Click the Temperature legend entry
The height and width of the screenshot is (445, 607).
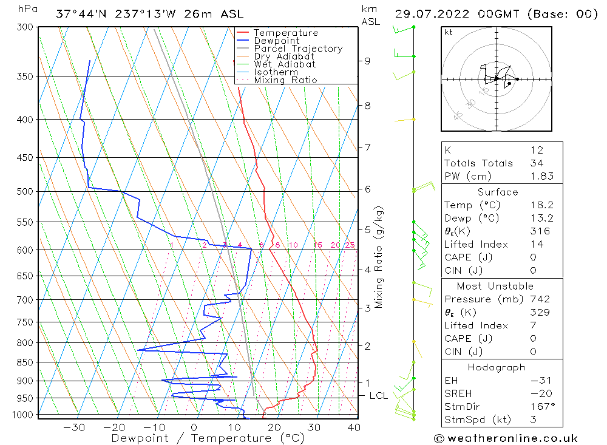[x=285, y=33]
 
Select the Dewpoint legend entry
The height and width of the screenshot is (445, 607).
[x=276, y=41]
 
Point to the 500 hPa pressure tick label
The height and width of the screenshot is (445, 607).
[x=25, y=192]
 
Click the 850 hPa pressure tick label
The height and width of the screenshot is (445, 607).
[x=25, y=362]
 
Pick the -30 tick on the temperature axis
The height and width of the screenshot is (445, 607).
[x=74, y=427]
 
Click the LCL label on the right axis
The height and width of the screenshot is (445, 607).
[x=378, y=396]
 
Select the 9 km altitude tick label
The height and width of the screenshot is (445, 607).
[x=367, y=61]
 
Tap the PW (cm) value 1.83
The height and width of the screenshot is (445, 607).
[x=537, y=176]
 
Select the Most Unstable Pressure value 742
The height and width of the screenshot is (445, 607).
[x=540, y=299]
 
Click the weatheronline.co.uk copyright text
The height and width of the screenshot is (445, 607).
[x=506, y=438]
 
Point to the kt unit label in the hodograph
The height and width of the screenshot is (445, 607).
[x=449, y=32]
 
